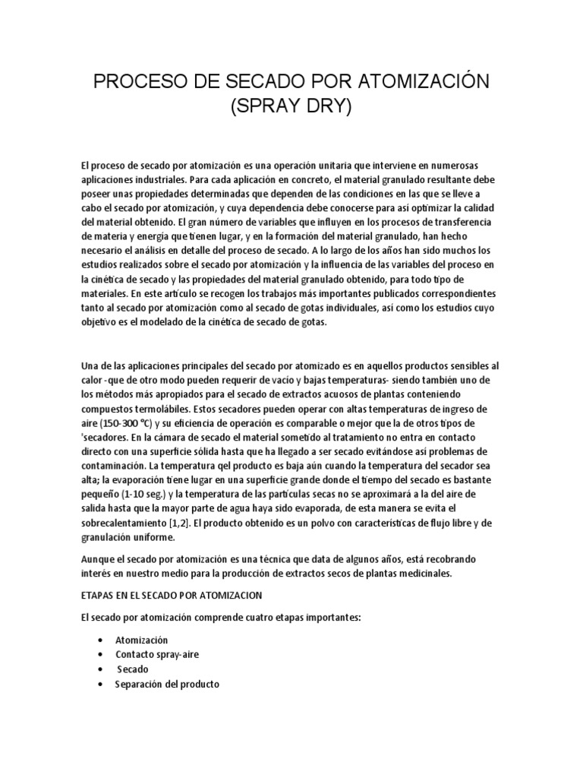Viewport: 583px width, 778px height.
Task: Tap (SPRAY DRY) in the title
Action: coord(291,106)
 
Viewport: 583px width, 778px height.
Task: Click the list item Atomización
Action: coord(142,640)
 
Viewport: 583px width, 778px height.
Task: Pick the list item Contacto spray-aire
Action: coord(157,654)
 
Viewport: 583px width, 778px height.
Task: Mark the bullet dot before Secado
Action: coord(101,669)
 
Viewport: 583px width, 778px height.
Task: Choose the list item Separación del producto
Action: coord(167,684)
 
